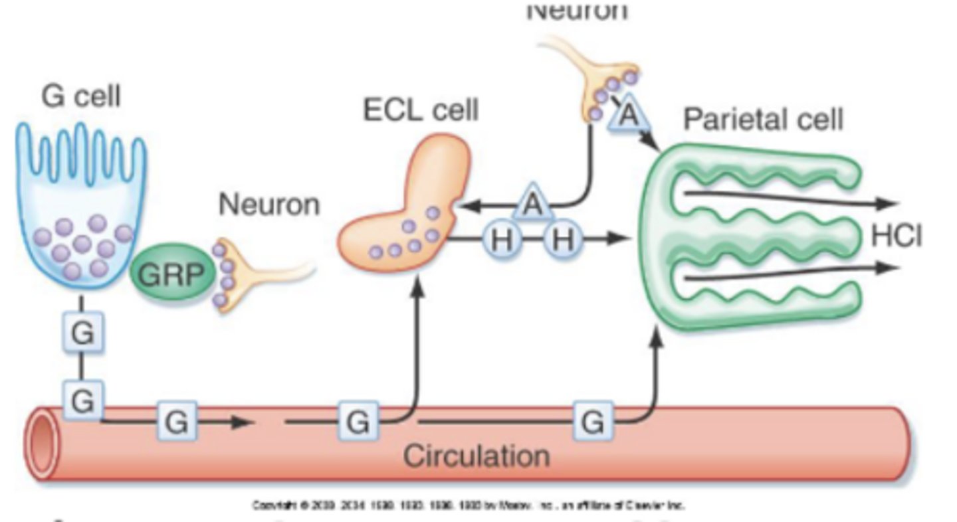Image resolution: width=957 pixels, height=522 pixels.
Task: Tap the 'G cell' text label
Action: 81,97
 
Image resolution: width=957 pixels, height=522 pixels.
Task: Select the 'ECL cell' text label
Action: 420,110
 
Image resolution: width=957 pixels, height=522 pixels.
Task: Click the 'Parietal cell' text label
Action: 763,120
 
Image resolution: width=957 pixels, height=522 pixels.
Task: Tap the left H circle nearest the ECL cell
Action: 502,239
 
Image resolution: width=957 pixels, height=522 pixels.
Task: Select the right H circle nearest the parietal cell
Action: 563,239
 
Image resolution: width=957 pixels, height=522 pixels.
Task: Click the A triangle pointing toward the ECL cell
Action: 532,204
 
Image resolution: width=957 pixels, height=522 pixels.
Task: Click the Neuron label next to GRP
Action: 269,205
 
